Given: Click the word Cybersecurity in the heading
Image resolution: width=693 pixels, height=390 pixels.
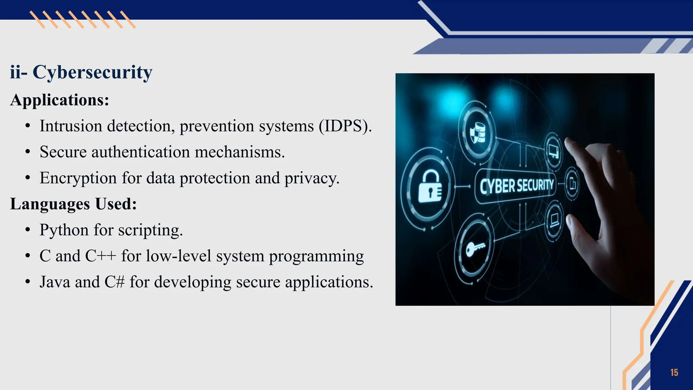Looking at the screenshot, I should tap(92, 72).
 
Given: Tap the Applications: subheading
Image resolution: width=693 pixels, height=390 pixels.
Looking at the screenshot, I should tap(60, 100).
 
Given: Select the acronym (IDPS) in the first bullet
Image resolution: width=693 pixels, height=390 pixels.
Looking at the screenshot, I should tap(344, 126).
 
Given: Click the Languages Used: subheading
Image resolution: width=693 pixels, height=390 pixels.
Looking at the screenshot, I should tap(73, 204).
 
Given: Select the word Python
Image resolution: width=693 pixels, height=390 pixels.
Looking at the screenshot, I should tap(64, 230).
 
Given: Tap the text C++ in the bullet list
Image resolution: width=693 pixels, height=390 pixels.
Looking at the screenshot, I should tap(100, 256).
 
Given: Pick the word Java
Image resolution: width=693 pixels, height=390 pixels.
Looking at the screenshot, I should tap(55, 282).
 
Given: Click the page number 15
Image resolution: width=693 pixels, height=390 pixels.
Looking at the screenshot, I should tap(674, 373).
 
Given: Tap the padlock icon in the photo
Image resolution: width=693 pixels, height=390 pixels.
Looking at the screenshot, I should tap(430, 187).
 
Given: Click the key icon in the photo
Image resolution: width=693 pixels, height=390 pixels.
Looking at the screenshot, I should tap(475, 249).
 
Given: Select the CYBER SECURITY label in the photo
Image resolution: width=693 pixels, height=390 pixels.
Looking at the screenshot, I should tap(516, 186).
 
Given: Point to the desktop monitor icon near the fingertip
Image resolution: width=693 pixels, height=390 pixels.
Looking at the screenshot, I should tap(554, 151).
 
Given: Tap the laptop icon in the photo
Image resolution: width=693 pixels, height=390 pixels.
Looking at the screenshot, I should tap(554, 220).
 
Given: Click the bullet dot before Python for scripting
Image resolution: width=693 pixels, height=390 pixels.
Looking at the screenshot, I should tap(28, 231).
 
